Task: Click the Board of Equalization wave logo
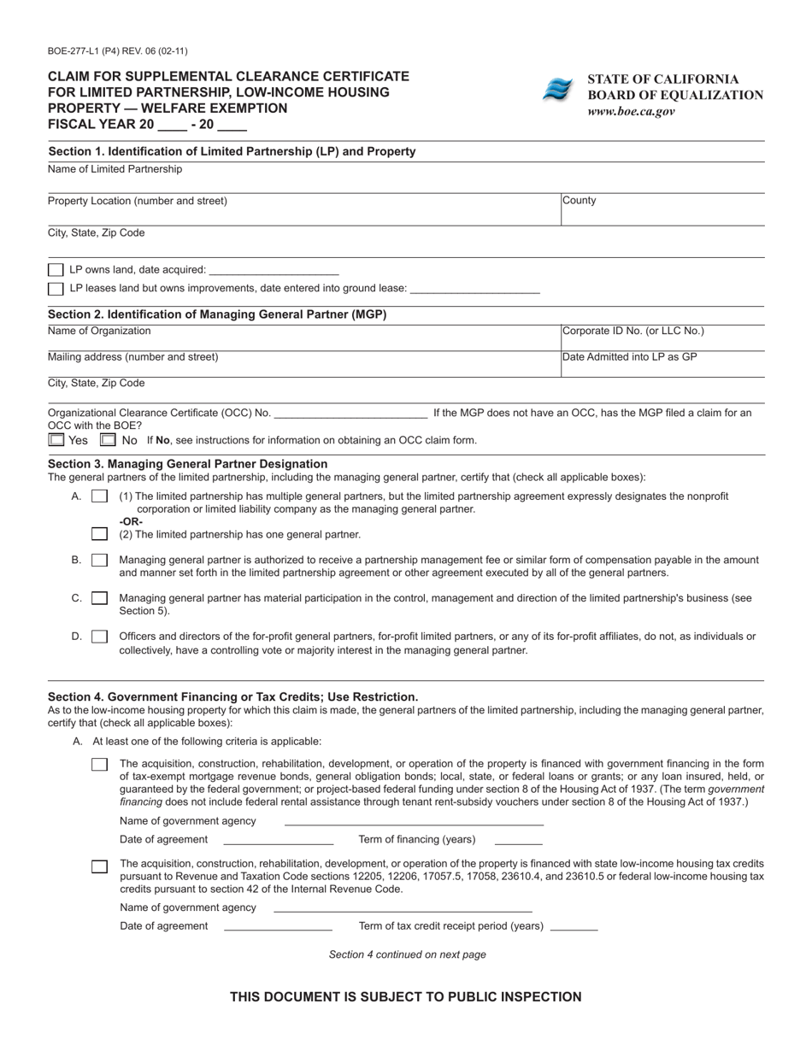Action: click(x=557, y=90)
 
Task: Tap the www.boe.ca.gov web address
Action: click(x=631, y=111)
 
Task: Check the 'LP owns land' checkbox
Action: click(x=56, y=270)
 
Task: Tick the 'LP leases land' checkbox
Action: click(x=56, y=289)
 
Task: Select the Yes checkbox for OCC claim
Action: click(x=56, y=440)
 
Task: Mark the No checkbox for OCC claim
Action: click(x=108, y=440)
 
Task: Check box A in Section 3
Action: click(x=99, y=496)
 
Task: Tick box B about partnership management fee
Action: click(x=99, y=561)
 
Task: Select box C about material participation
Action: click(x=99, y=598)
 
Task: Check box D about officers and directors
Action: click(x=99, y=637)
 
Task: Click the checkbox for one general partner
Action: click(x=99, y=535)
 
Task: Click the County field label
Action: click(x=580, y=201)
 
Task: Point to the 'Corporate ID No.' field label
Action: click(x=633, y=331)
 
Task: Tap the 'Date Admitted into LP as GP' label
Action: click(x=630, y=357)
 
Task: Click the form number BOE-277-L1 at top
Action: click(x=118, y=51)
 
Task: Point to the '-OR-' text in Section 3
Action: click(x=131, y=521)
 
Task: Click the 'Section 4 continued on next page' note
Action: click(x=407, y=954)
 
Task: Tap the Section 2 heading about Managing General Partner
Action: click(x=217, y=314)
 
